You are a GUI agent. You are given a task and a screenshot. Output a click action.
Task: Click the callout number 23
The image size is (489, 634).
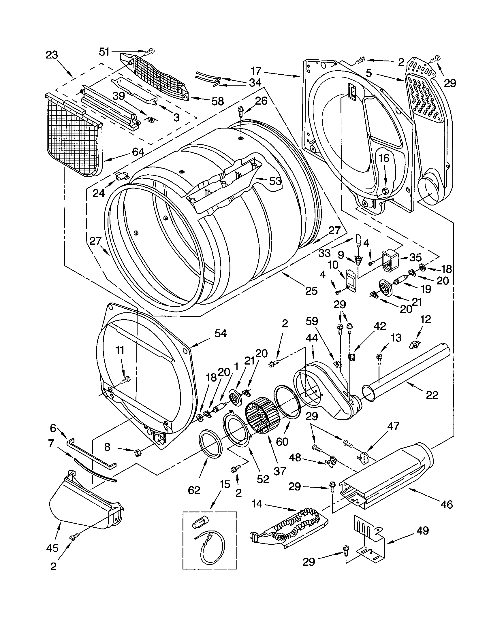coord(52,55)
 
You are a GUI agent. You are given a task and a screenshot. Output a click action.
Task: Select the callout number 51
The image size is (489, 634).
coord(104,52)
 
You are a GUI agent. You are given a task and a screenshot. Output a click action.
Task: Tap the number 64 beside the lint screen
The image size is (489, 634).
coord(138,152)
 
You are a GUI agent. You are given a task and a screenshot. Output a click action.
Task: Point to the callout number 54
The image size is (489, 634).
coord(220,333)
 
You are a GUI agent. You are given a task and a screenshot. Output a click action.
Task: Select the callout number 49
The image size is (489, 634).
coord(422,530)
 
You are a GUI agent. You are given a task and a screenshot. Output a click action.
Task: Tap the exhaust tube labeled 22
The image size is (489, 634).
coord(407,371)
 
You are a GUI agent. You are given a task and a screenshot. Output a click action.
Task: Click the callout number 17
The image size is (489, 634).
coord(256,71)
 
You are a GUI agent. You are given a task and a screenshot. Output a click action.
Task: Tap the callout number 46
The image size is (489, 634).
coord(446,505)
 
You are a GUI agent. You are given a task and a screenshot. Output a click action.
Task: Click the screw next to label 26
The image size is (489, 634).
coord(240,110)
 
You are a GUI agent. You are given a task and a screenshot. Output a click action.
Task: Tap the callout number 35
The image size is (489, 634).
coord(415,257)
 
